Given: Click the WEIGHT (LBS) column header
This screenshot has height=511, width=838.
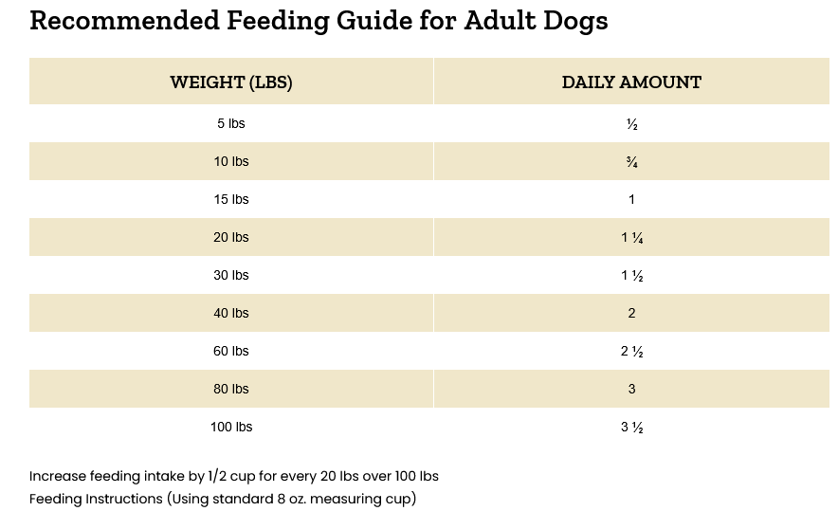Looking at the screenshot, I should (x=231, y=82).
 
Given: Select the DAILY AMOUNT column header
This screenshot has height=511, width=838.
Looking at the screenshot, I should (x=631, y=82).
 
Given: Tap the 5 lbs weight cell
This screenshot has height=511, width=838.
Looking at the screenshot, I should (x=231, y=124).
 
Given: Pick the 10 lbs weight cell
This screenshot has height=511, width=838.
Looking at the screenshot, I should (x=231, y=162).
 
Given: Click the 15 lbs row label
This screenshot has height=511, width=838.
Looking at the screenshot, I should (x=231, y=200).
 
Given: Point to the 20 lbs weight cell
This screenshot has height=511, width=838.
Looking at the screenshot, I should (x=231, y=238).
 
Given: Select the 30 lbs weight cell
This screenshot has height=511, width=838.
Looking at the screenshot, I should (x=231, y=276).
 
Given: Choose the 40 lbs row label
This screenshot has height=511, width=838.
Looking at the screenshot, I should (x=231, y=314).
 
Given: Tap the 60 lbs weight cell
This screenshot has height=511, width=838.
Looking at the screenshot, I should (x=231, y=352).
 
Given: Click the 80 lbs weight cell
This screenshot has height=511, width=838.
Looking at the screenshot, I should (x=231, y=390).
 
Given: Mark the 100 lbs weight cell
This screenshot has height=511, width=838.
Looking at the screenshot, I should (x=231, y=428).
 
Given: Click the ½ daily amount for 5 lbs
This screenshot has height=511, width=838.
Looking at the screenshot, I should (x=631, y=124).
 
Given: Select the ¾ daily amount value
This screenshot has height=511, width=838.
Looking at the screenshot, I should (x=631, y=162).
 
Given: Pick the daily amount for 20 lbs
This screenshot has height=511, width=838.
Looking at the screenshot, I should (x=631, y=238).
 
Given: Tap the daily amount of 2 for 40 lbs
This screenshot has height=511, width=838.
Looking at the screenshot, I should (x=631, y=314).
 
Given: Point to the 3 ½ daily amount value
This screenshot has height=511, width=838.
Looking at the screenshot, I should (x=631, y=428).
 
